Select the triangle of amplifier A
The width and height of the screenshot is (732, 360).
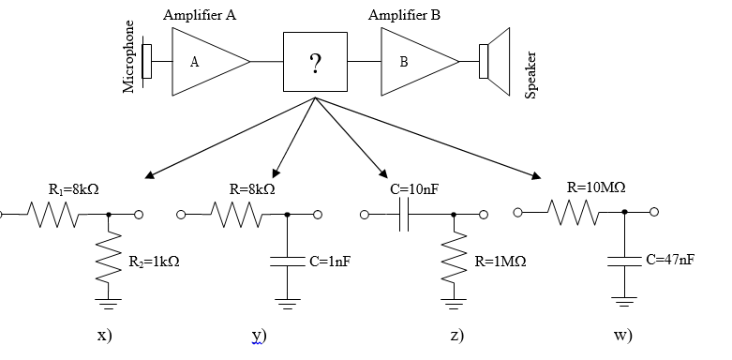pyautogui.click(x=205, y=62)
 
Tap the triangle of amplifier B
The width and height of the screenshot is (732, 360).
pyautogui.click(x=413, y=62)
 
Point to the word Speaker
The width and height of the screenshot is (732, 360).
pyautogui.click(x=530, y=76)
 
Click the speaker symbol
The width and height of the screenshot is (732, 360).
pyautogui.click(x=495, y=62)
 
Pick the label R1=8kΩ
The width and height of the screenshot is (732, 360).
pyautogui.click(x=73, y=190)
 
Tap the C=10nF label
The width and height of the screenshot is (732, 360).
pyautogui.click(x=413, y=190)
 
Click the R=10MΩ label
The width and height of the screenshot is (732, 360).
pyautogui.click(x=597, y=187)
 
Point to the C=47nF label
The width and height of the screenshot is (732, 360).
pyautogui.click(x=670, y=259)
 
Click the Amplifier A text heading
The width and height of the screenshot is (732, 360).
pyautogui.click(x=199, y=15)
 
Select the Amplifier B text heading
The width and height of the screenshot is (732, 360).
pyautogui.click(x=404, y=15)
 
